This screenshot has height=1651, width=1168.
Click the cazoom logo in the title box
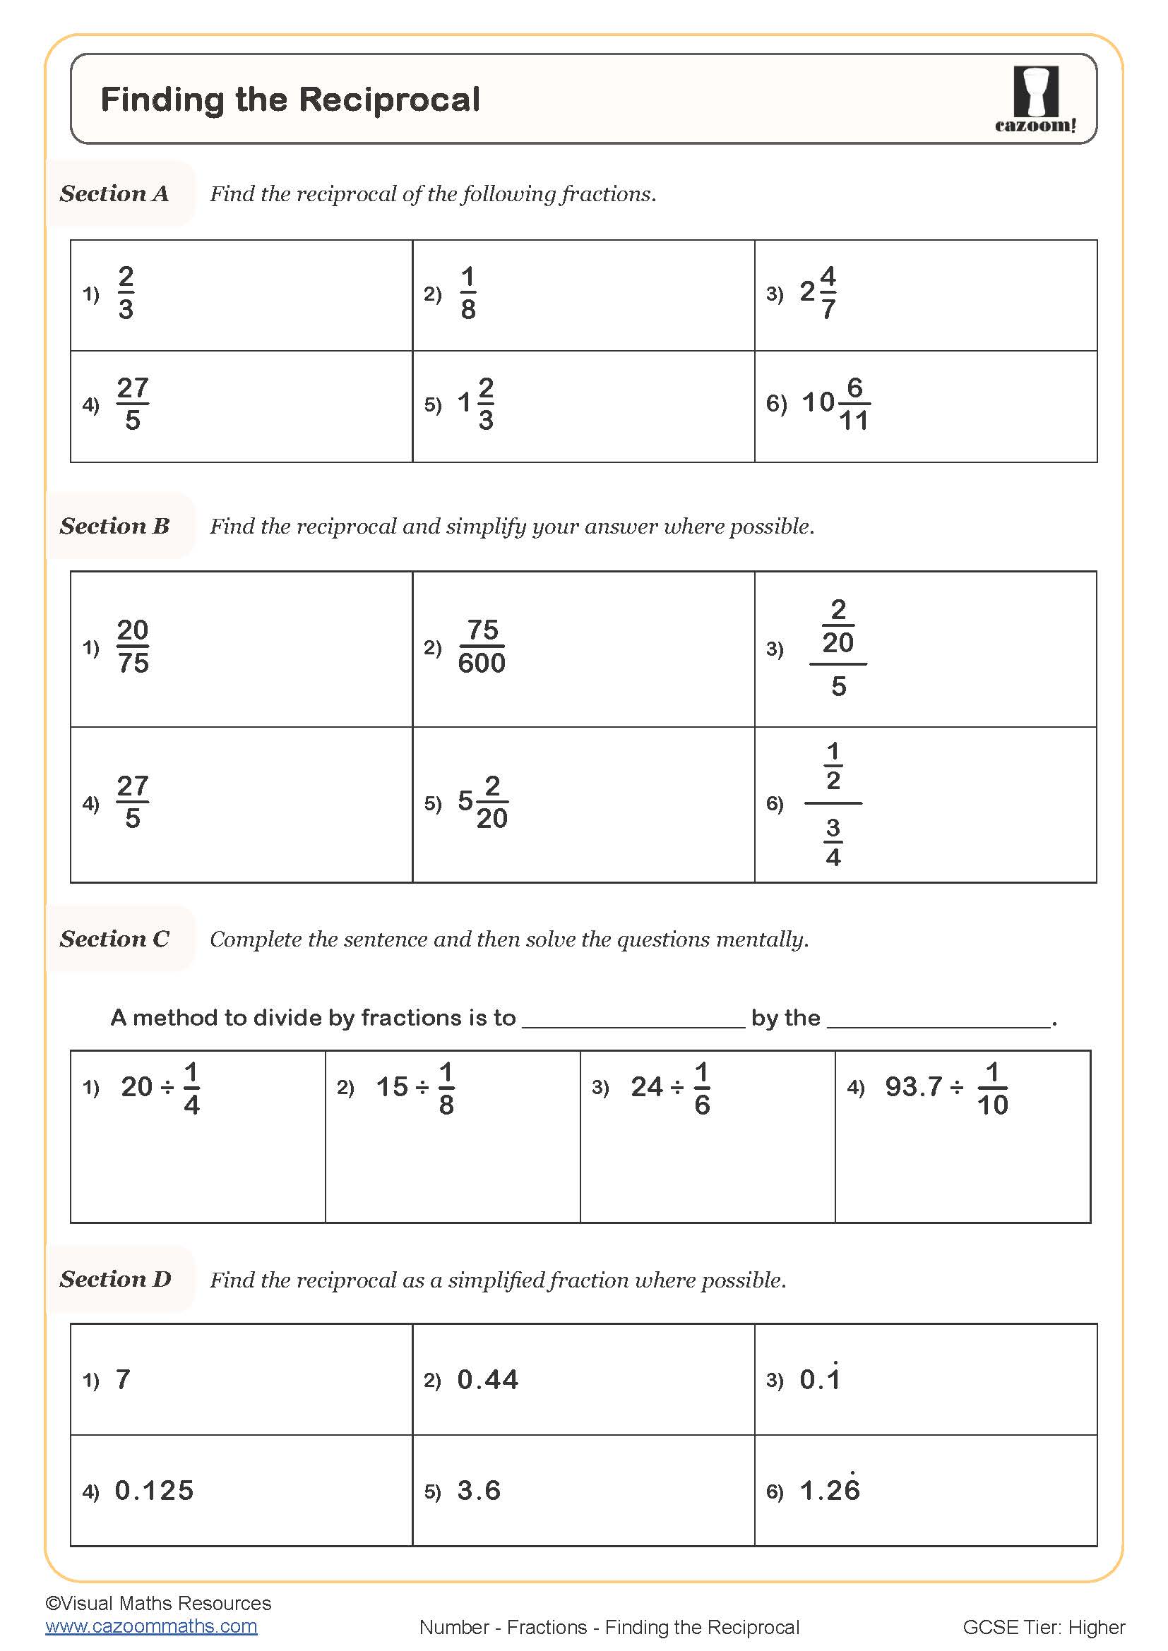[x=1036, y=100]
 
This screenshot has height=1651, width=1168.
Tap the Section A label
[x=114, y=193]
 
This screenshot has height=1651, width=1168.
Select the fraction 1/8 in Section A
[x=468, y=293]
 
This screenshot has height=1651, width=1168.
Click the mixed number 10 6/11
[x=835, y=404]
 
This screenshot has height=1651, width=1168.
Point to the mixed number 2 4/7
[x=818, y=293]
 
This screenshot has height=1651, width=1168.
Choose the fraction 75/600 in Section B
[x=481, y=647]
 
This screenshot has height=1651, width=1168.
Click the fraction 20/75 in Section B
[x=133, y=647]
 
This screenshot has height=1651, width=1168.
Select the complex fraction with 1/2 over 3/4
[x=833, y=803]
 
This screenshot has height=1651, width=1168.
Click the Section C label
[x=114, y=938]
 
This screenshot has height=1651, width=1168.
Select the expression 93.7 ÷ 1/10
[x=946, y=1088]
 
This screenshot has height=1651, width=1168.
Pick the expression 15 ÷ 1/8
[x=415, y=1088]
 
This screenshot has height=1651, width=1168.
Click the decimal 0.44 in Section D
[x=488, y=1379]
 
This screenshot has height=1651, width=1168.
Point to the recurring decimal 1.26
[x=829, y=1490]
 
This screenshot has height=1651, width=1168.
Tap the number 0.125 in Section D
[x=154, y=1491]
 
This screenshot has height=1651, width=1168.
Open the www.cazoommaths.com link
[x=151, y=1626]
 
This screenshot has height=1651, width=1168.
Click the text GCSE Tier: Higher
[x=1044, y=1627]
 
